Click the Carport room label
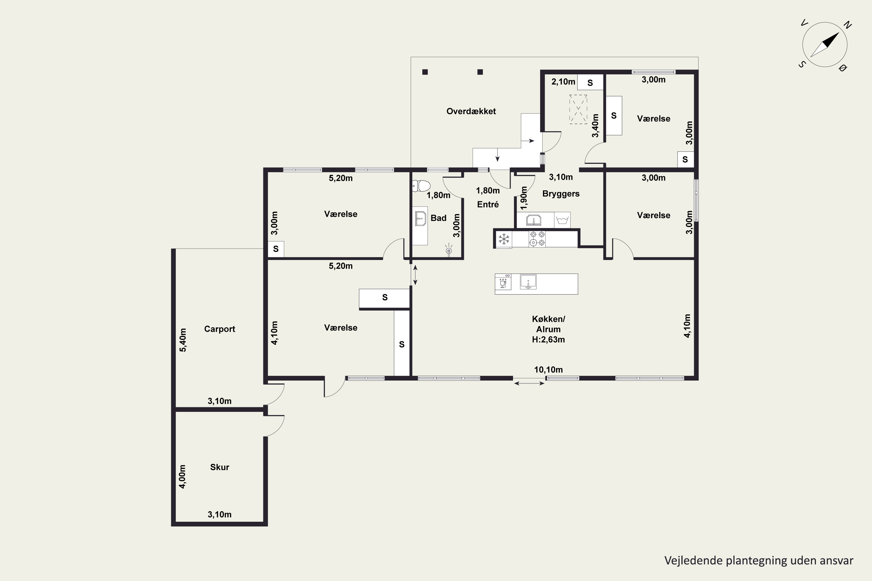click(219, 329)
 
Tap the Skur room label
click(219, 467)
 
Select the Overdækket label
click(471, 111)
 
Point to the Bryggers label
click(561, 194)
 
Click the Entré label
click(488, 204)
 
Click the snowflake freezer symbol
click(503, 239)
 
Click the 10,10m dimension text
click(548, 370)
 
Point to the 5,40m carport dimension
click(183, 340)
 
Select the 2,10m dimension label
click(563, 82)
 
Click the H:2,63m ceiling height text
click(548, 339)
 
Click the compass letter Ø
click(843, 68)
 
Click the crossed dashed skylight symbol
click(578, 109)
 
